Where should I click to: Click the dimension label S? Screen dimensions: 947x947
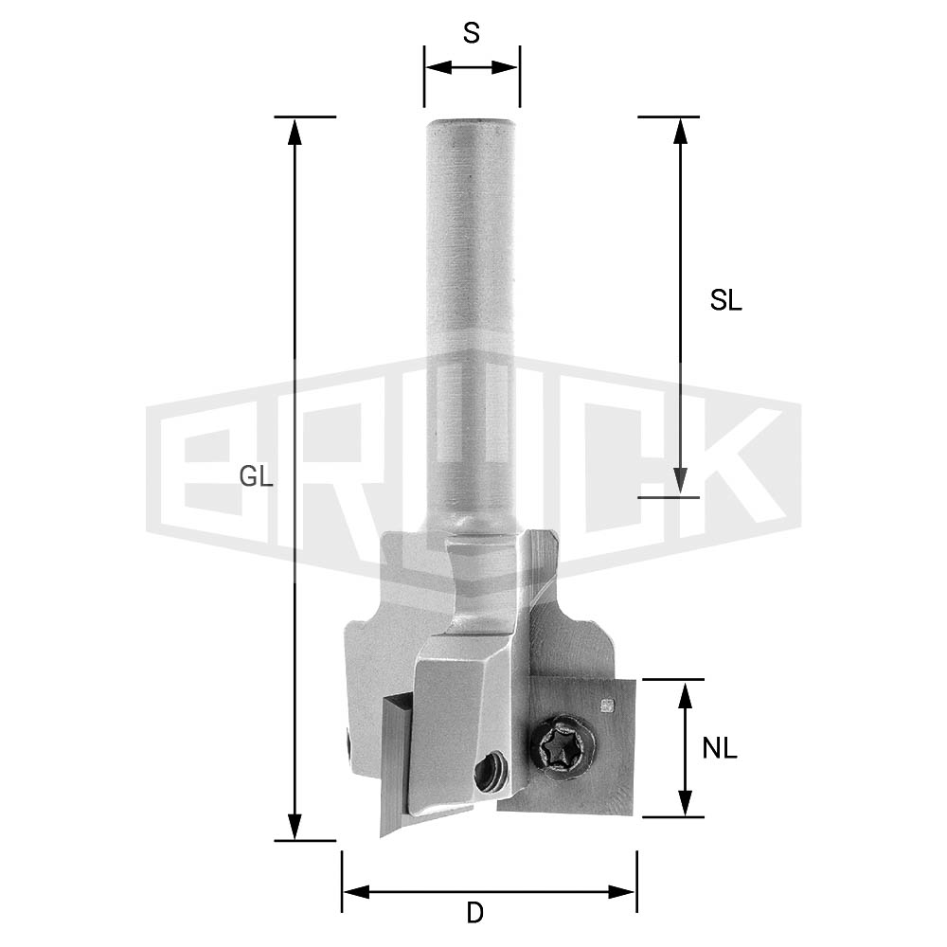(471, 33)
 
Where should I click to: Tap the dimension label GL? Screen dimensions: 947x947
(256, 477)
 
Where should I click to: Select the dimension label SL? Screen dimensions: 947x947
(725, 300)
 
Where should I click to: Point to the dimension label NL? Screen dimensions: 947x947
(720, 749)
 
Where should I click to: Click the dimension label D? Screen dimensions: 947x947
(475, 913)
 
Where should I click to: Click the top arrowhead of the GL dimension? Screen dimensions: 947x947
(295, 132)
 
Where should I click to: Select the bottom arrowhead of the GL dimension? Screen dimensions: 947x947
(295, 826)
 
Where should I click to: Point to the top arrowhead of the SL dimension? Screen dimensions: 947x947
(680, 132)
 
